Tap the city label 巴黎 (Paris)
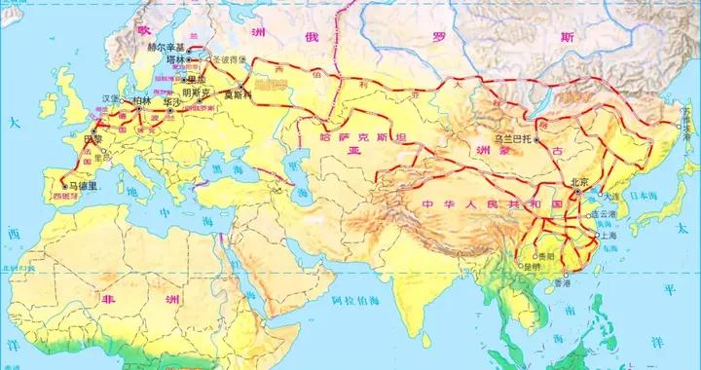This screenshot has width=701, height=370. click(x=93, y=139)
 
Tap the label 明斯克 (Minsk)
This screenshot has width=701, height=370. click(x=195, y=93)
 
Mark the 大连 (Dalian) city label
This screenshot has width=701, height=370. click(x=611, y=195)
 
